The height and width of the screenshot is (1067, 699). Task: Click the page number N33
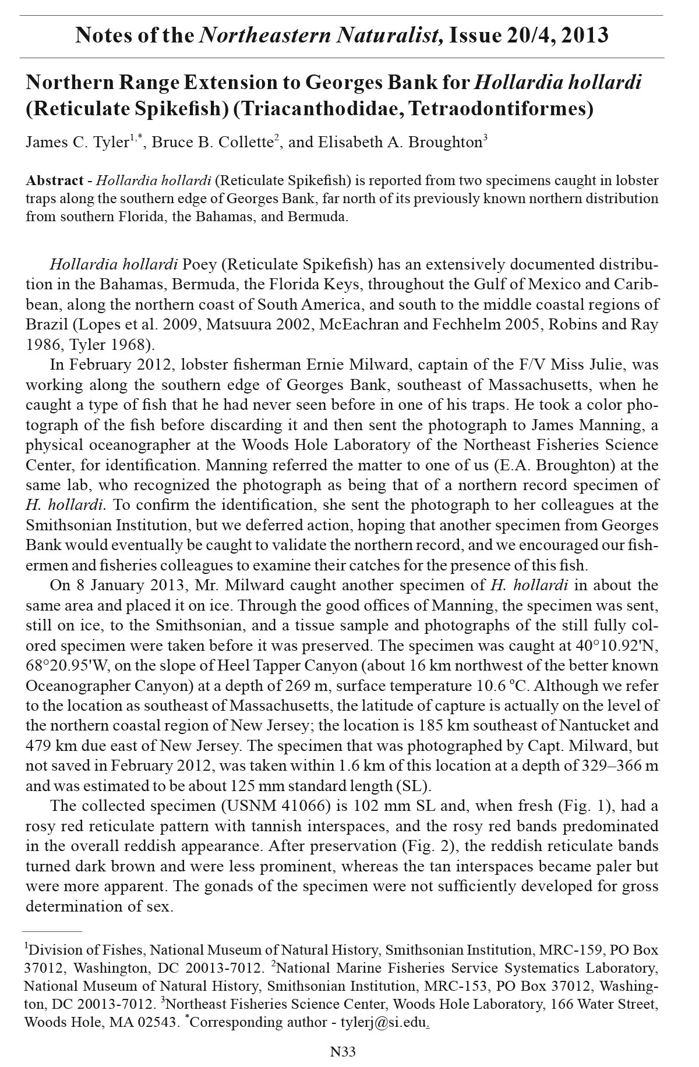(343, 1051)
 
